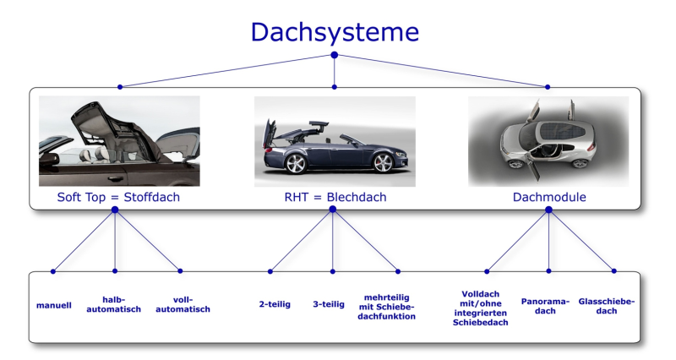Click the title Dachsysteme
335,32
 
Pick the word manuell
54,304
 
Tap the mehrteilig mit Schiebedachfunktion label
391,305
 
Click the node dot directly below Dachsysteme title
335,55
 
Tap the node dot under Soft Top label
114,211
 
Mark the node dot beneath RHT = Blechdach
333,210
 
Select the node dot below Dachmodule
548,210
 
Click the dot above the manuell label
52,271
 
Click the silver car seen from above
541,139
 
